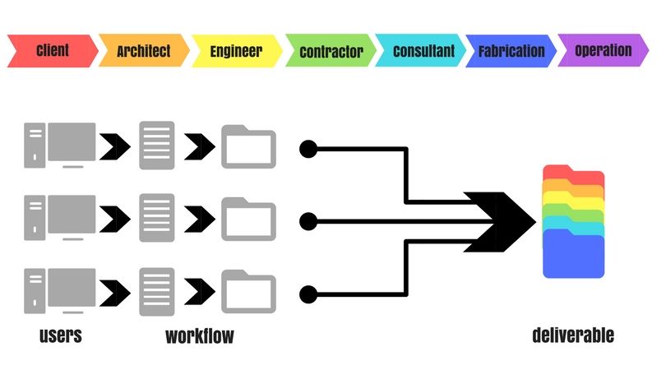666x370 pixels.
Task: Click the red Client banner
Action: (53, 51)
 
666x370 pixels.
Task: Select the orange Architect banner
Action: (145, 50)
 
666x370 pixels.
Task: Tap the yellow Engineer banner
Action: (237, 51)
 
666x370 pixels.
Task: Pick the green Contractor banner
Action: (331, 50)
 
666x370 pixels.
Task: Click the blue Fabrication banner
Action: (511, 51)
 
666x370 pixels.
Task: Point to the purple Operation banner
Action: (604, 50)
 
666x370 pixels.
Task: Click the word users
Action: (60, 335)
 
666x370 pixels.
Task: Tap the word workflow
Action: (200, 336)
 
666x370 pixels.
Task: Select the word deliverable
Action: (573, 335)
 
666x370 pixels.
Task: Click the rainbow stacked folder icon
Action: (573, 221)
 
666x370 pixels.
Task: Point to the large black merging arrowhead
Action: (500, 222)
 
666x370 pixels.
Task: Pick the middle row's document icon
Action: (157, 218)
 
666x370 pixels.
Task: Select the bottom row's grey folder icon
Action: (249, 291)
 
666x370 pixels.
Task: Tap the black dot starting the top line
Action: (308, 149)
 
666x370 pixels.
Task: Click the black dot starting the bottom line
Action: (308, 294)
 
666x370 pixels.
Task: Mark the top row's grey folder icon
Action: (249, 146)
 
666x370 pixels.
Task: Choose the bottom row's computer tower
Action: (35, 291)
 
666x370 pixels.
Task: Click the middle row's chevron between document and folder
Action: (200, 220)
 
